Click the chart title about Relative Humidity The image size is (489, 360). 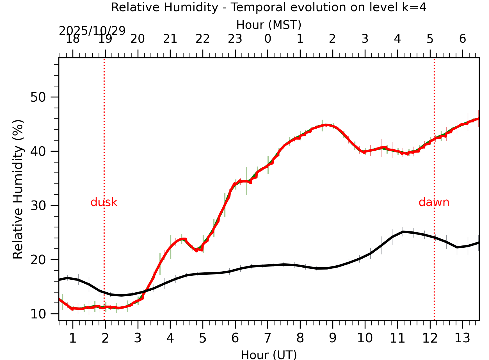click(x=269, y=7)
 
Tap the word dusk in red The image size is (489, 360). click(x=104, y=202)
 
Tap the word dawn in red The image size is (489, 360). click(x=434, y=202)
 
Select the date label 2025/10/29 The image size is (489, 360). click(x=92, y=31)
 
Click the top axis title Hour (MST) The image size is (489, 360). click(x=269, y=25)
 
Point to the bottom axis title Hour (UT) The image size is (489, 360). click(x=269, y=355)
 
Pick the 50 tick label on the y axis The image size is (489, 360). click(x=38, y=97)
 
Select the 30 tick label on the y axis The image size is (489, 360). click(x=38, y=206)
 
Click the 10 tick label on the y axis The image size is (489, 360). click(x=38, y=314)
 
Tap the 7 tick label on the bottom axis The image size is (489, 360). click(x=268, y=338)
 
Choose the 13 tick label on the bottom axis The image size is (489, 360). click(x=462, y=338)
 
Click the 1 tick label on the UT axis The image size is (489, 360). click(x=73, y=338)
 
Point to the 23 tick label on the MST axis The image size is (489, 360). click(x=235, y=39)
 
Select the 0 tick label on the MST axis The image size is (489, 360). click(x=268, y=39)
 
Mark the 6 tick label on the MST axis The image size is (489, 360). click(x=462, y=39)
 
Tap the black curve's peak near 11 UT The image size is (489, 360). click(x=403, y=232)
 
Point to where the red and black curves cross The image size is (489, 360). click(x=145, y=291)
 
